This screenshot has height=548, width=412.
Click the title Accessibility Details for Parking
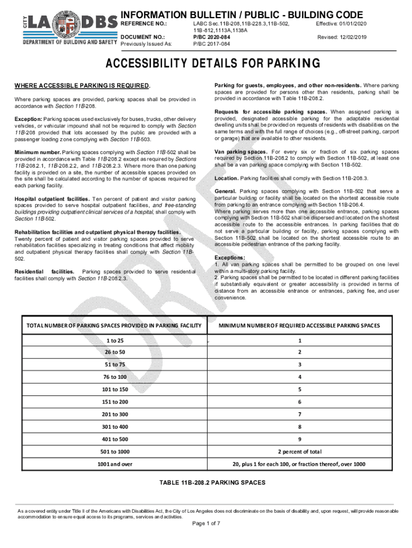(212, 64)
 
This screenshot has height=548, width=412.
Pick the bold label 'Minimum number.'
(37, 153)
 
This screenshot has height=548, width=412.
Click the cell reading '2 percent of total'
(300, 452)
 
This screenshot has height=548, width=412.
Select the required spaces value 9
(300, 439)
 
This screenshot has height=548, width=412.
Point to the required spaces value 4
(300, 377)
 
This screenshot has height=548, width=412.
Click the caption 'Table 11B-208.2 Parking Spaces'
(212, 483)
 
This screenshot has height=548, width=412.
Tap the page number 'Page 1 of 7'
(206, 523)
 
